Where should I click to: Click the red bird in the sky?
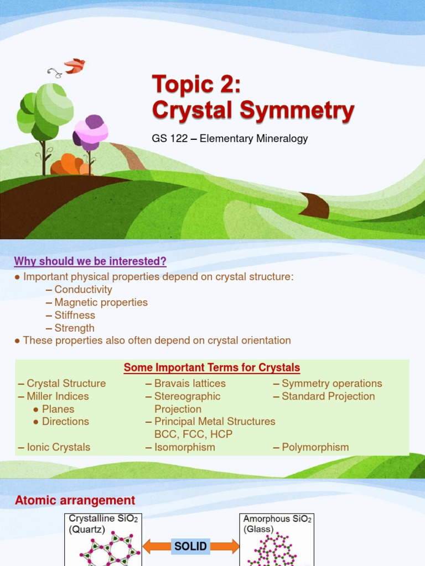(74, 66)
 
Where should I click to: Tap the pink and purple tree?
(90, 133)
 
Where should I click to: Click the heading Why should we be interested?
(90, 261)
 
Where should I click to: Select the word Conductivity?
(83, 290)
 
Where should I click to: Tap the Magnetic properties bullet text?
(101, 302)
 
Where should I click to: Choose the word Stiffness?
(75, 315)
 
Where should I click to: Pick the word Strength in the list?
(74, 328)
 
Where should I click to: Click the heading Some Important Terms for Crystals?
(212, 368)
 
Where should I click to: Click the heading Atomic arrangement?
(75, 501)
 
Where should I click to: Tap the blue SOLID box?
(190, 547)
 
